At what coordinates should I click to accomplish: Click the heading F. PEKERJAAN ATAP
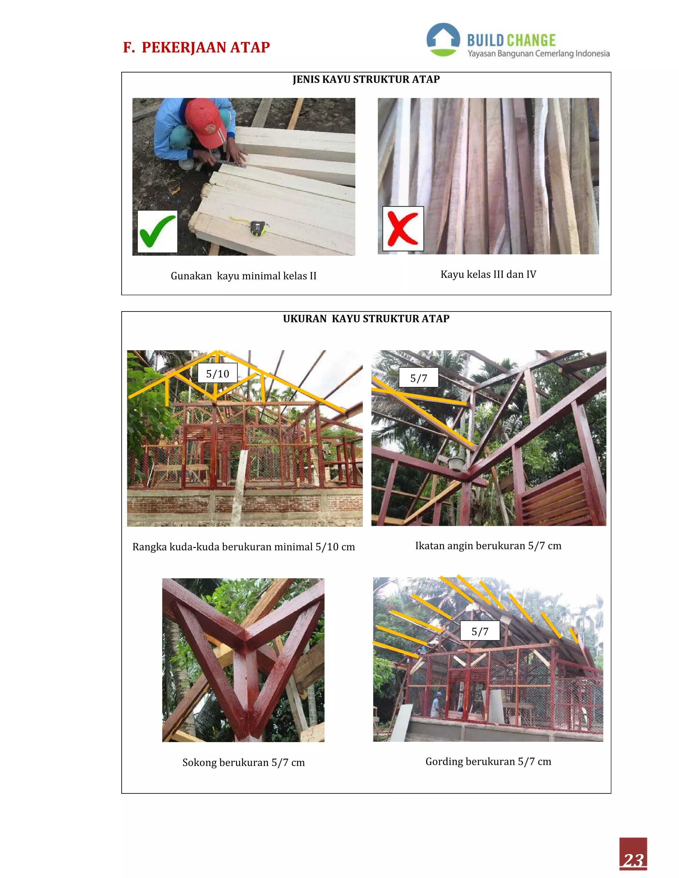pos(196,47)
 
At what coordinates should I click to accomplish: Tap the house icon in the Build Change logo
pos(443,39)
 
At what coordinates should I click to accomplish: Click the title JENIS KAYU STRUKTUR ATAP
pos(366,79)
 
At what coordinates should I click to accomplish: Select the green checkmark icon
pos(157,232)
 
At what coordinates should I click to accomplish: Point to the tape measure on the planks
pos(257,228)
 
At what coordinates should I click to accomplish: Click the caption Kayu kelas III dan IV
pos(488,274)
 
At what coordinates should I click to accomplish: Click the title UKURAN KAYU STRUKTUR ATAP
pos(366,318)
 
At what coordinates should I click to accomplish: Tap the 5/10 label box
pos(217,373)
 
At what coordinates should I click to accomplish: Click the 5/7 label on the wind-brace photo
pos(418,378)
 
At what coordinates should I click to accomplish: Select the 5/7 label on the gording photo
pos(479,631)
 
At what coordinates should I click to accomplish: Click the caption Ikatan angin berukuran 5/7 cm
pos(488,546)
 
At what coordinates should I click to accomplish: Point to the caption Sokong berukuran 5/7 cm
pos(243,762)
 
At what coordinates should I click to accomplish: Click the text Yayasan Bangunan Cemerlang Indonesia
pos(538,53)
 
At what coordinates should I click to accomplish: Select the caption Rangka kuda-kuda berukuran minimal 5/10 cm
pos(243,547)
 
